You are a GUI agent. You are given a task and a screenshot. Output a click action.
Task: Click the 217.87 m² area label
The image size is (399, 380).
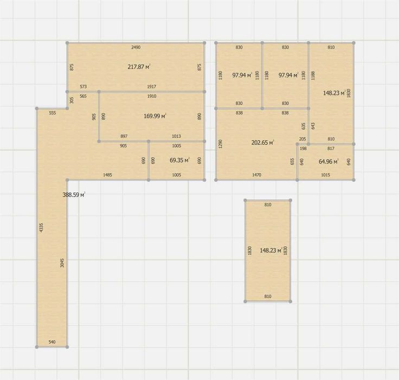[139, 67]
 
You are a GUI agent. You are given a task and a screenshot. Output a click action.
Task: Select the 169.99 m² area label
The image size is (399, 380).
[155, 116]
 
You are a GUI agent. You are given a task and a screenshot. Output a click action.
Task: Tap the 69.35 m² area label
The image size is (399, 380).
[179, 160]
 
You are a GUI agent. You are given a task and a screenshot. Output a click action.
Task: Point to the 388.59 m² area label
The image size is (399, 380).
[74, 195]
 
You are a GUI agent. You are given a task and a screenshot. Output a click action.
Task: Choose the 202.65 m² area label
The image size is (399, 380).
[262, 142]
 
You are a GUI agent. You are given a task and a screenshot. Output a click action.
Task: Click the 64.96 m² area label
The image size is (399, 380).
[329, 161]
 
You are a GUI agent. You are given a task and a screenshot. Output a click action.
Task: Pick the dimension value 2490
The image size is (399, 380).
[136, 47]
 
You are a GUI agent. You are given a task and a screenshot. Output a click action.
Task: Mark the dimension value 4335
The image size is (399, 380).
[42, 227]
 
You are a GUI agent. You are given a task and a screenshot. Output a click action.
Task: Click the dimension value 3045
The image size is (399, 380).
[62, 263]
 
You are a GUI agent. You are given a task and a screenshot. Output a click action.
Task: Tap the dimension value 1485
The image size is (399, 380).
[107, 175]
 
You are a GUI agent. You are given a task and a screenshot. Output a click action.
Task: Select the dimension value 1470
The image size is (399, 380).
[256, 175]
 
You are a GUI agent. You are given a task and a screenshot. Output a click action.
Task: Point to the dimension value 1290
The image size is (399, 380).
[221, 143]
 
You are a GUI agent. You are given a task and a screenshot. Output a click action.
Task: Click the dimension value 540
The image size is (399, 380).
[52, 342]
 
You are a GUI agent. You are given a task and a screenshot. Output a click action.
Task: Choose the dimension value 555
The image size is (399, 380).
[52, 113]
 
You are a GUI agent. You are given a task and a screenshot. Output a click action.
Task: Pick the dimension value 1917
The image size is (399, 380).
[152, 87]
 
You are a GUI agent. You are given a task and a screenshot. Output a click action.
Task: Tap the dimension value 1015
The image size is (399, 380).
[325, 175]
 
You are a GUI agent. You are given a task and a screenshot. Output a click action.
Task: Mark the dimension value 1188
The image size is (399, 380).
[313, 75]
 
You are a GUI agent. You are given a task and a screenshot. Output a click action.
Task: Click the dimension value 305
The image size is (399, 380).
[72, 100]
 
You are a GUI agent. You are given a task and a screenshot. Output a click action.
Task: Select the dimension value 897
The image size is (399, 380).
[124, 136]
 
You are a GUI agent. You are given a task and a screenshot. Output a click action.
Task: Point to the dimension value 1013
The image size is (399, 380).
[176, 136]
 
